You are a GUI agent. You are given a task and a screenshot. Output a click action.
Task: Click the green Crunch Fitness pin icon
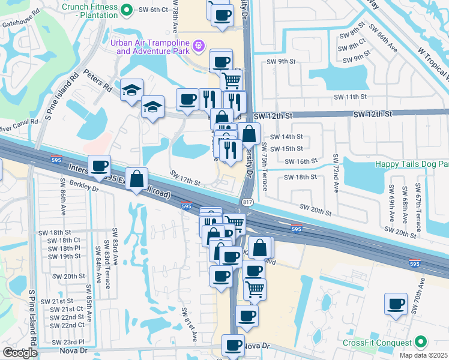(127, 10)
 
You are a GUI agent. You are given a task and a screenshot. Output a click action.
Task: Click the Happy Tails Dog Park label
(412, 164)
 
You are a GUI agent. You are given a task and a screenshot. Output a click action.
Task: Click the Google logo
(20, 353)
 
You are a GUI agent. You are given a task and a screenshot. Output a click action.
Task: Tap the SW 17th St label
(184, 178)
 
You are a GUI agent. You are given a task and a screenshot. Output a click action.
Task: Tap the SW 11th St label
(351, 97)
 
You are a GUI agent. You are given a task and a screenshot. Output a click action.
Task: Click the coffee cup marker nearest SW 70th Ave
(396, 304)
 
